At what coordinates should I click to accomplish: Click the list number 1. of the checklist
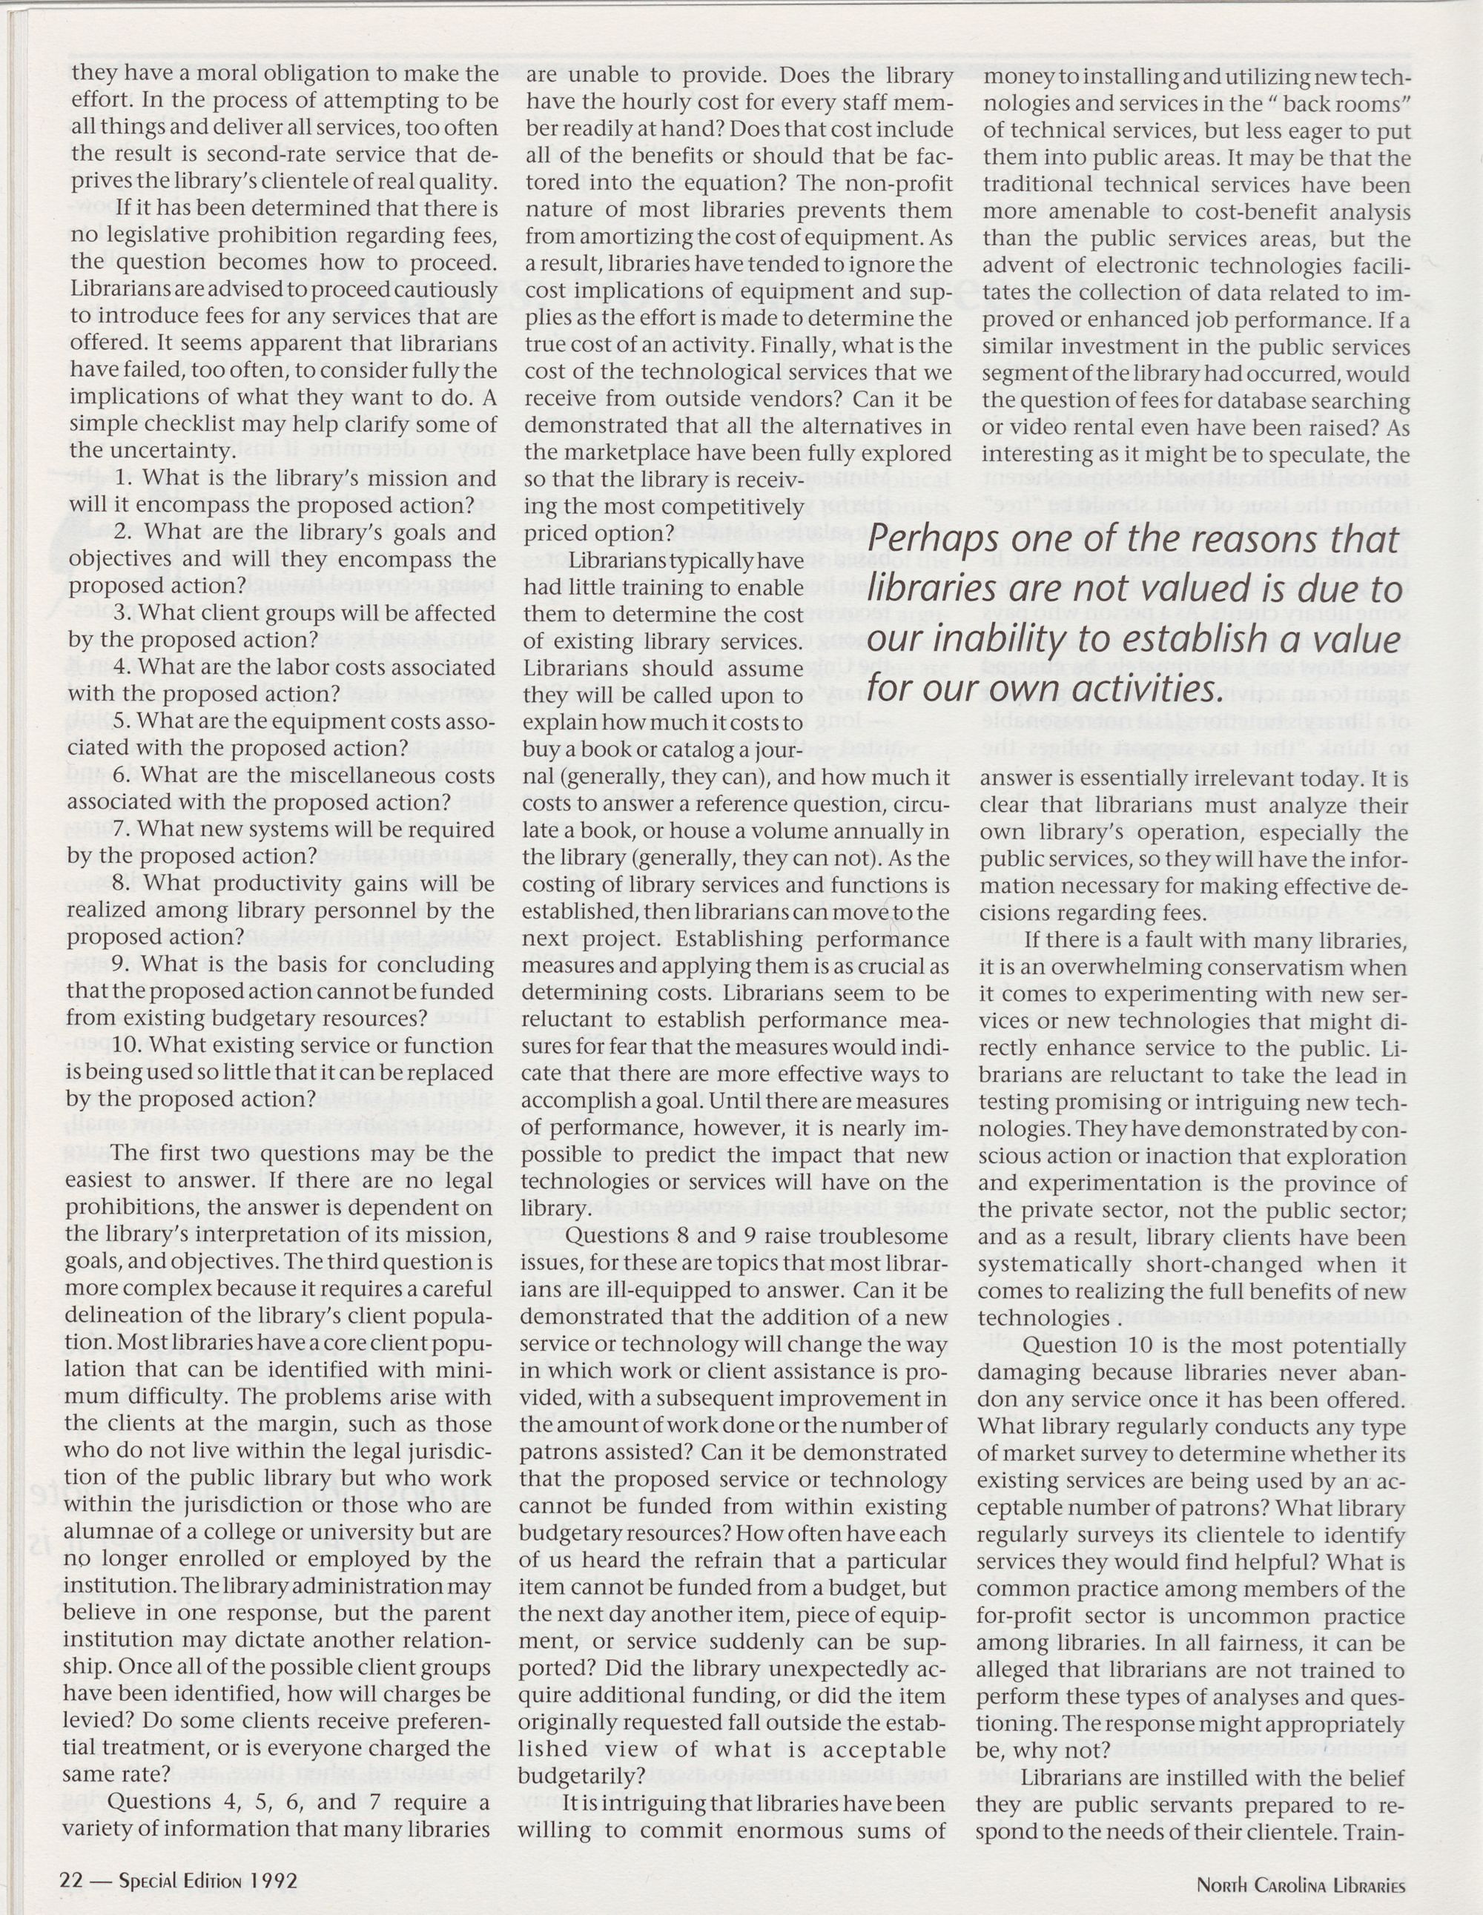pos(125,478)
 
